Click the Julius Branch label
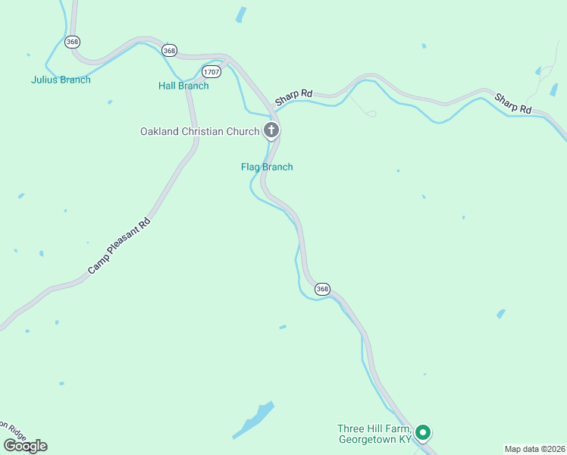61,80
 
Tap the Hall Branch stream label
183,86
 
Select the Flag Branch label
267,167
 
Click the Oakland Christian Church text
199,131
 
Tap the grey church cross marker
271,130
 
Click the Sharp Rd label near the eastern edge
514,103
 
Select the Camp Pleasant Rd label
120,246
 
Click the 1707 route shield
212,72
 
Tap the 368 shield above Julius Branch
73,42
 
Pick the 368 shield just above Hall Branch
170,50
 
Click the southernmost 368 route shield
323,289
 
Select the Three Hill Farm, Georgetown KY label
374,434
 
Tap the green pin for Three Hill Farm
424,434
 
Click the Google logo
25,446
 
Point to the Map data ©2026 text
535,448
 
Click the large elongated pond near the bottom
253,419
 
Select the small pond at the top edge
241,14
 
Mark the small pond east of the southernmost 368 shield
500,313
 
